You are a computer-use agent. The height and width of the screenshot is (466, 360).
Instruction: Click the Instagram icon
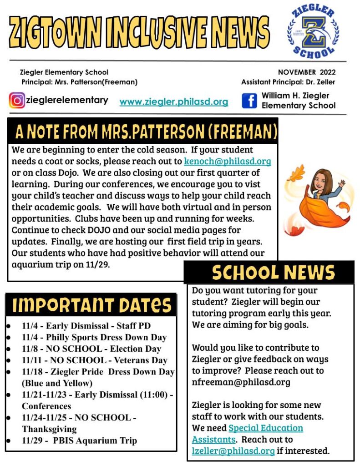tap(17, 100)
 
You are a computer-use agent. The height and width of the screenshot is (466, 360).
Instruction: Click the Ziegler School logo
tap(313, 32)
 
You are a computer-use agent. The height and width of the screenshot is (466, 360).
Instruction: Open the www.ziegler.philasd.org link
tap(173, 102)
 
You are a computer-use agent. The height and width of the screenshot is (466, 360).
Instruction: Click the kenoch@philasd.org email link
tap(227, 161)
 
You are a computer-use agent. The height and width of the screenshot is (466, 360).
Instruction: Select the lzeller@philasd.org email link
tap(233, 451)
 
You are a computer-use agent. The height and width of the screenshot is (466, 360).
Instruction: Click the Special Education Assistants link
tap(248, 434)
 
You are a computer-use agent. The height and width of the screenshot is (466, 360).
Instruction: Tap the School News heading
tap(273, 272)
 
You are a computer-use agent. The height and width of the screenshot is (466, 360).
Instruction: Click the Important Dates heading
tap(91, 305)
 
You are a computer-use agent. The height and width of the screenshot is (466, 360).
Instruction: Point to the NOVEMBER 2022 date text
tap(306, 72)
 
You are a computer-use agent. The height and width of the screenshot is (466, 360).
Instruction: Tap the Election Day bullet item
tap(91, 349)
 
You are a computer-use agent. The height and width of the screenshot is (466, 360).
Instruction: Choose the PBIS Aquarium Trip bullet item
tap(79, 441)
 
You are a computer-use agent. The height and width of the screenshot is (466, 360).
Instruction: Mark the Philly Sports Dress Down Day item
tap(94, 338)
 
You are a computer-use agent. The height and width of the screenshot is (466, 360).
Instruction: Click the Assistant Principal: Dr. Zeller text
tap(288, 82)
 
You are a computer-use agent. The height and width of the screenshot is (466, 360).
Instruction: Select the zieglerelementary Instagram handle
tap(67, 100)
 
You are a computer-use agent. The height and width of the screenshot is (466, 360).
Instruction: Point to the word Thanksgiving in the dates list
tap(49, 429)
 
